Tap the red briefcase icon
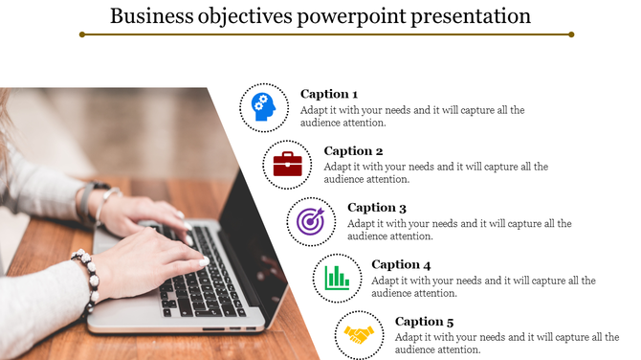coord(287,164)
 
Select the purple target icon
coord(311,221)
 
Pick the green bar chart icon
coord(337,279)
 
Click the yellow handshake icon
coord(360,335)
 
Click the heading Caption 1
coord(328,94)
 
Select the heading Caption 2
coord(353,150)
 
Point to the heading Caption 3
coord(377,208)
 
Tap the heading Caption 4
coord(401,264)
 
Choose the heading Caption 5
coord(425,322)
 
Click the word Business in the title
coord(149,15)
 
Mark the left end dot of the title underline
coord(83,34)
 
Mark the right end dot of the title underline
coord(571,34)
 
